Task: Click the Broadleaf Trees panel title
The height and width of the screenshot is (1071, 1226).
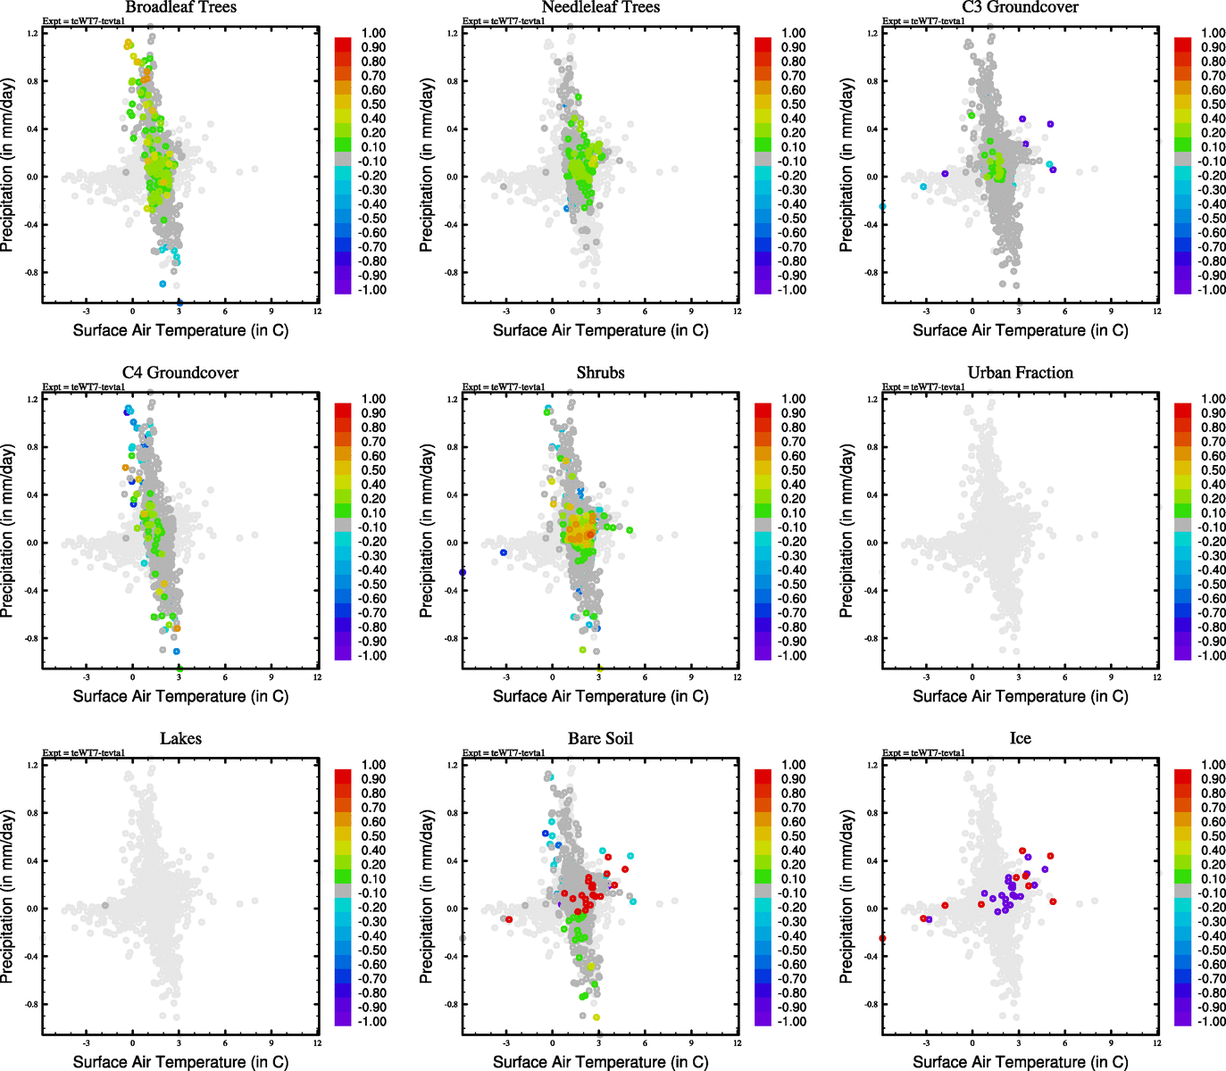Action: tap(180, 7)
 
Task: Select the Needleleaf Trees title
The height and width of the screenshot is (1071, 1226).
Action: tap(600, 7)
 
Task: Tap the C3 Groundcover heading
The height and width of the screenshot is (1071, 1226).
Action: tap(1020, 7)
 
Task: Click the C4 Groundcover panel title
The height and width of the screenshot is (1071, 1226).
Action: tap(180, 373)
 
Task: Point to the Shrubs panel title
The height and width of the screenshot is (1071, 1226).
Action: tap(600, 373)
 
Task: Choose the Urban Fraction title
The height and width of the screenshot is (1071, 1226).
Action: tap(1020, 373)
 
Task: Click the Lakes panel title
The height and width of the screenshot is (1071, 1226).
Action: tap(180, 739)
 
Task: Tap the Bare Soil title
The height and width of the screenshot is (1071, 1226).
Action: tap(600, 739)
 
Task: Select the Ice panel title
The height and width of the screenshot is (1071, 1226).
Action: tap(1020, 739)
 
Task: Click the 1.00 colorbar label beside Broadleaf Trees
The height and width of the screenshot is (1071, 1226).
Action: tap(373, 33)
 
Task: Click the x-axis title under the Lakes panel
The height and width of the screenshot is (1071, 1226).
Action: tap(180, 1062)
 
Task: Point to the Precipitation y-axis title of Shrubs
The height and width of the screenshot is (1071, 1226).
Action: tap(427, 534)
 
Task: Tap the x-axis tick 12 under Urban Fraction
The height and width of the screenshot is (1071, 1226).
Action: tap(1157, 677)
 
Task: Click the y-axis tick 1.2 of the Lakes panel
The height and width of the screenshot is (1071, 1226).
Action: tap(32, 765)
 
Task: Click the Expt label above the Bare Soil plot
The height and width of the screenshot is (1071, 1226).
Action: tap(504, 753)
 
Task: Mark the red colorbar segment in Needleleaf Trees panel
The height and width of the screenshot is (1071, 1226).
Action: tap(763, 44)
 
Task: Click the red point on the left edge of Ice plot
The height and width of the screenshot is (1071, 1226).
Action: tap(882, 938)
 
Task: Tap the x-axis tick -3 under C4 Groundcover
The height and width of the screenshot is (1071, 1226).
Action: tap(86, 677)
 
